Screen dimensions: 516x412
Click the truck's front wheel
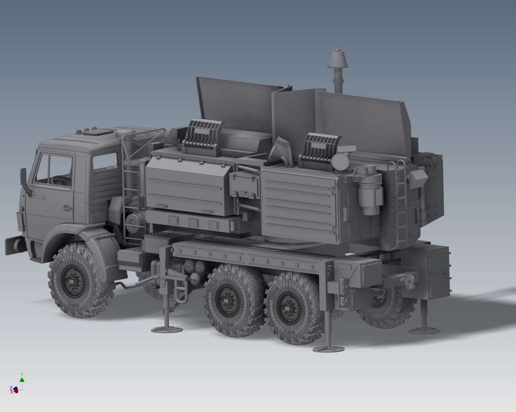(x=74, y=280)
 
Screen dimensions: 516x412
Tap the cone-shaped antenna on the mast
(x=338, y=59)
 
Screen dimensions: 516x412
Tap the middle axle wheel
(x=228, y=300)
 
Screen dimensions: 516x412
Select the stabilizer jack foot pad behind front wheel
(x=166, y=329)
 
